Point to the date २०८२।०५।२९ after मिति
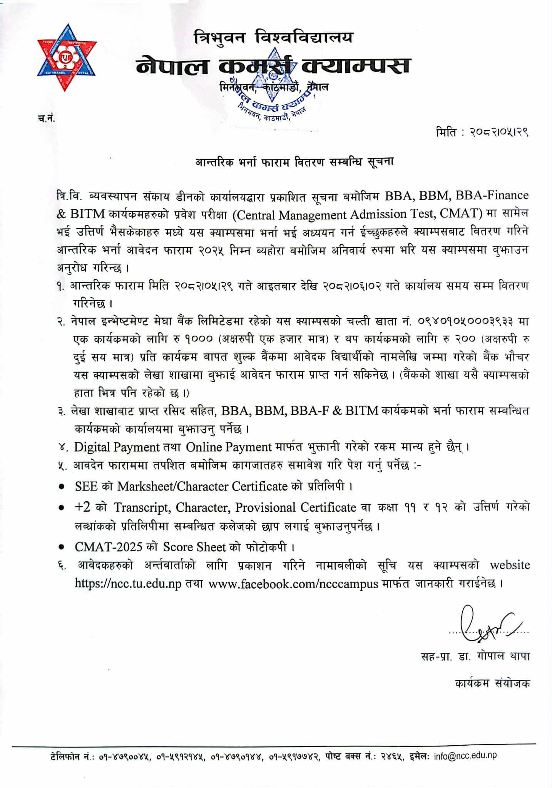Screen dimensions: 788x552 click(499, 133)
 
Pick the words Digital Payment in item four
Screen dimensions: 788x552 click(117, 447)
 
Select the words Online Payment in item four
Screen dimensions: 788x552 click(229, 447)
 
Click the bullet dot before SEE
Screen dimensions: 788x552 click(62, 487)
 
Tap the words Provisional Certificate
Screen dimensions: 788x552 click(296, 507)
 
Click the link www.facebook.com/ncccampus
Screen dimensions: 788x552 click(293, 584)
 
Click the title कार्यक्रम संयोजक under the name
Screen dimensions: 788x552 click(492, 683)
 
